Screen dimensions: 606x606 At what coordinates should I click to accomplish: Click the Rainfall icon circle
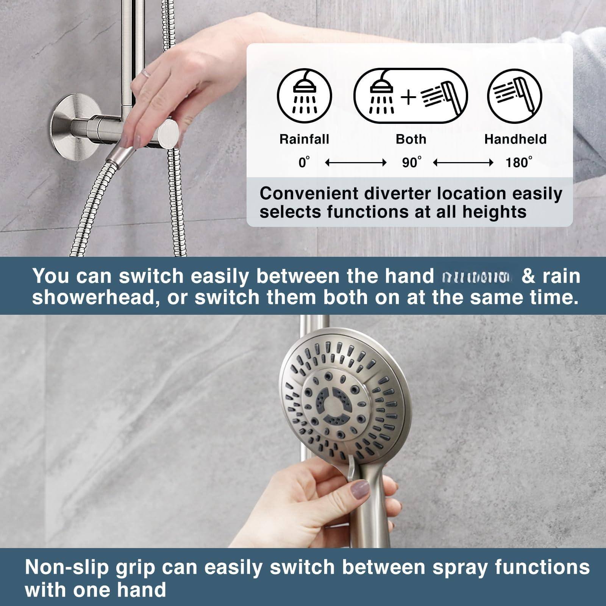(x=304, y=96)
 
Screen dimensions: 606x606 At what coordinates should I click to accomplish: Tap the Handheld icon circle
(x=515, y=96)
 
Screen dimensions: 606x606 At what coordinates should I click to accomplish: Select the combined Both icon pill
(x=411, y=96)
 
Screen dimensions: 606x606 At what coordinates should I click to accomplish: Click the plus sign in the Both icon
(x=409, y=97)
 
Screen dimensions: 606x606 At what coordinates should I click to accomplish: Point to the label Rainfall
(x=304, y=139)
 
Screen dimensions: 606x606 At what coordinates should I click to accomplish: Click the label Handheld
(x=515, y=139)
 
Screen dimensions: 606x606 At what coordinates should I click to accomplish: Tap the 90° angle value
(x=411, y=163)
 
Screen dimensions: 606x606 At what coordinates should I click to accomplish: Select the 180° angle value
(x=518, y=163)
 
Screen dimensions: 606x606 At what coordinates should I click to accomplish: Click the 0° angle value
(x=304, y=163)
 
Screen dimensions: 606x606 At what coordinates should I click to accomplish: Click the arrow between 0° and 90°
(x=356, y=163)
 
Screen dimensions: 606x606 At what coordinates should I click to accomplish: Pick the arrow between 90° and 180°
(x=463, y=163)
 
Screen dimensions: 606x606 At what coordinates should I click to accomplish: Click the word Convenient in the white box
(x=309, y=194)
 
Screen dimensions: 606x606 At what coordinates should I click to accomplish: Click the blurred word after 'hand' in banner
(x=476, y=278)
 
